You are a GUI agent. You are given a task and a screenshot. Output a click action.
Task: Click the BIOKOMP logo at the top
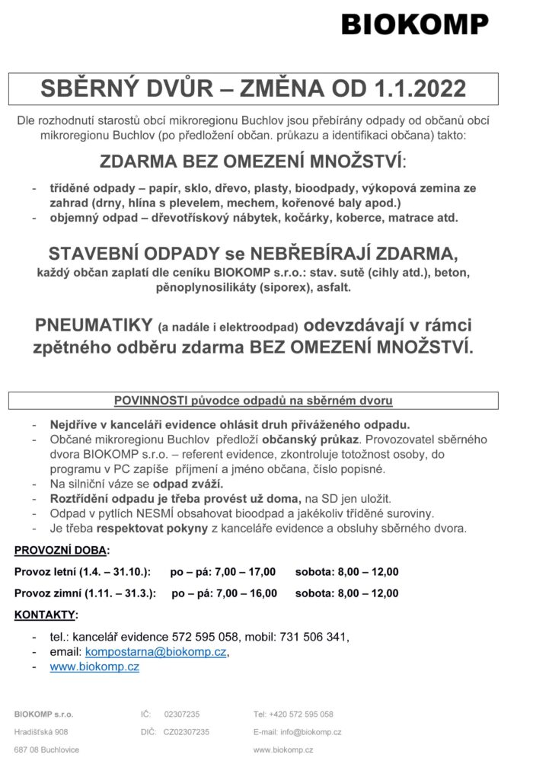pyautogui.click(x=415, y=25)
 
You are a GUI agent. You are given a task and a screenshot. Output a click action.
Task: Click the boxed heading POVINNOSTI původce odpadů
pyautogui.click(x=253, y=399)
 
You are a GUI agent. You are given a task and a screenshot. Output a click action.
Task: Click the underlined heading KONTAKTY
pyautogui.click(x=46, y=615)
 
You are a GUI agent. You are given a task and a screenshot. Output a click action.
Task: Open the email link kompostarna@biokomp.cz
pyautogui.click(x=156, y=652)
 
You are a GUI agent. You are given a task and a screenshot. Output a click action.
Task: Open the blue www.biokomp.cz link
pyautogui.click(x=94, y=667)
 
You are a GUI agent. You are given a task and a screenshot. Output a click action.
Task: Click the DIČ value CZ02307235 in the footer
pyautogui.click(x=186, y=731)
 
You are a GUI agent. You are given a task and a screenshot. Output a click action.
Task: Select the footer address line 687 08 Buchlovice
pyautogui.click(x=46, y=750)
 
